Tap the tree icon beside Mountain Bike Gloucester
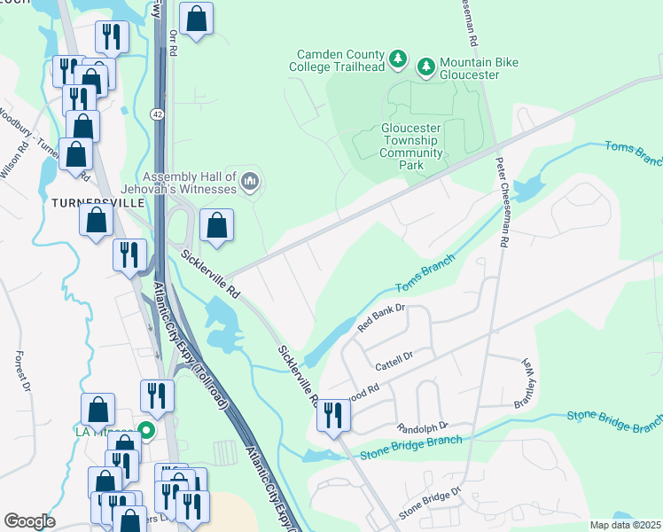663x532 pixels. [x=425, y=66]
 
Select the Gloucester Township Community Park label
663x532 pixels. [x=411, y=146]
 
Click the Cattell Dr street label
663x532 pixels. [x=394, y=357]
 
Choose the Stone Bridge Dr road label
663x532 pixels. [x=430, y=502]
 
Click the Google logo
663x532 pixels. [x=29, y=521]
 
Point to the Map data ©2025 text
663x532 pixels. [x=624, y=525]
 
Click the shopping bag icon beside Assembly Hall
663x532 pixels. [x=216, y=227]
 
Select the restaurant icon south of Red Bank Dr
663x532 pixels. [x=332, y=415]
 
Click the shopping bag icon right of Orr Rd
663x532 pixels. [x=196, y=18]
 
